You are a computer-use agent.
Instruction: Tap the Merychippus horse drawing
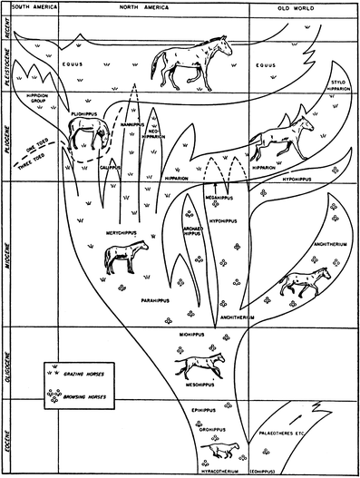122,256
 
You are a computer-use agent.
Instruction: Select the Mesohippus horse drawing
203,366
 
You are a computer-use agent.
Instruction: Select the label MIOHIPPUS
196,333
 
